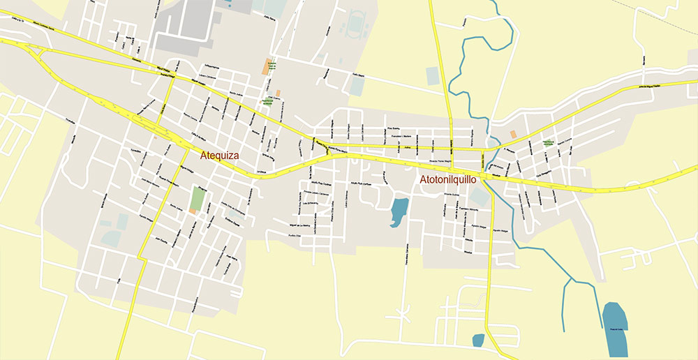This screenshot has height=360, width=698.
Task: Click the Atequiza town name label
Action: tap(219, 156)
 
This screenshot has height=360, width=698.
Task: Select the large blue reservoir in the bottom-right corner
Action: tap(614, 326)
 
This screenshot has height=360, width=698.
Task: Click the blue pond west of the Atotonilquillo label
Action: tap(399, 212)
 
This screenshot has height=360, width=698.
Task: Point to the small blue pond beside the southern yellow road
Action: tap(478, 340)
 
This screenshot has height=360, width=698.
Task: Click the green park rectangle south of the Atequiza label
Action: tap(198, 198)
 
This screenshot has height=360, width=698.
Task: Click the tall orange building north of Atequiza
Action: tap(267, 66)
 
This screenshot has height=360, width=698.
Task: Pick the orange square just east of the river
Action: tap(514, 133)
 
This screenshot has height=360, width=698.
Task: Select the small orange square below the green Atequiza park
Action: tap(192, 211)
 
